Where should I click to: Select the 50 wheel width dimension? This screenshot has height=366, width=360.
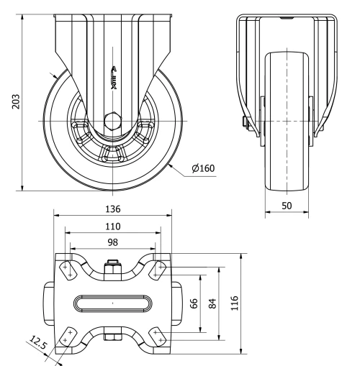click(287, 206)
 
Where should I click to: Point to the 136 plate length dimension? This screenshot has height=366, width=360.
click(112, 209)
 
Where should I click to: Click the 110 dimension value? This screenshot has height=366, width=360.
click(112, 226)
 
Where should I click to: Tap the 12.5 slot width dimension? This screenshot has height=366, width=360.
click(37, 346)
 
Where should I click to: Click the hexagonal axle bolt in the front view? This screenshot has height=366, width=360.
click(112, 119)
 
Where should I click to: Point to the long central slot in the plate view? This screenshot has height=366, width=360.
click(112, 303)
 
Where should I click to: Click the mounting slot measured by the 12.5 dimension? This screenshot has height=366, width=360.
click(67, 336)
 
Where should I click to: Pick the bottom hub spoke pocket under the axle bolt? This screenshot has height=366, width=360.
click(112, 152)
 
